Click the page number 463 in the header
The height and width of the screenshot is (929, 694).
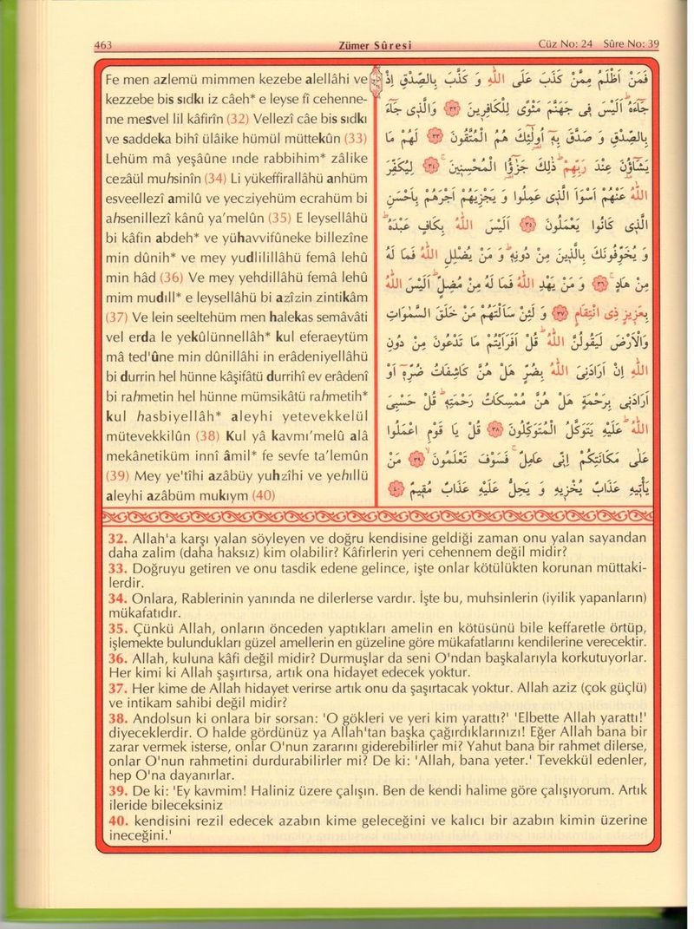103,45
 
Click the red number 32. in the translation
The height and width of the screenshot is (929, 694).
117,538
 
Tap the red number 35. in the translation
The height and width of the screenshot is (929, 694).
117,628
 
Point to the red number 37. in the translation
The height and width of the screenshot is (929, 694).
117,689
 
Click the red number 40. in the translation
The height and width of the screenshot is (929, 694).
117,822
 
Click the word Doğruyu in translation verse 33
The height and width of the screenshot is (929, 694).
160,568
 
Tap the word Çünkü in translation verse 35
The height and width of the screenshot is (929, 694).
153,628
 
